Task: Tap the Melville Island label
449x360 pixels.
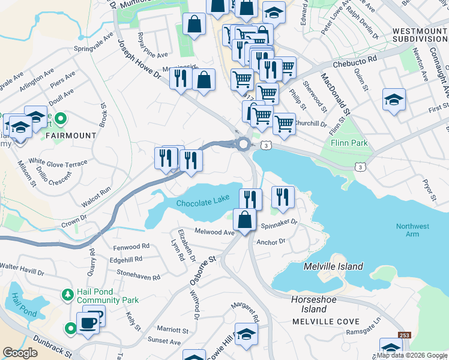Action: pos(333,266)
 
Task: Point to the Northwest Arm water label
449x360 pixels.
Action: pos(412,230)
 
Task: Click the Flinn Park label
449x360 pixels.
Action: pos(349,143)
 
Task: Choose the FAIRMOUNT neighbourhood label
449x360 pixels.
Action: pos(70,136)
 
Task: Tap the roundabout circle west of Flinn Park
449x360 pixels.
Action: pos(243,144)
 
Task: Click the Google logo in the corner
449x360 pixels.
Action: pos(20,353)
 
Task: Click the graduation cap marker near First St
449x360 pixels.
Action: pos(394,99)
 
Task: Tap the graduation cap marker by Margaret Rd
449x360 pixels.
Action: pos(246,334)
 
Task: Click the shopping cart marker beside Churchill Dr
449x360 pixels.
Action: pos(284,124)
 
